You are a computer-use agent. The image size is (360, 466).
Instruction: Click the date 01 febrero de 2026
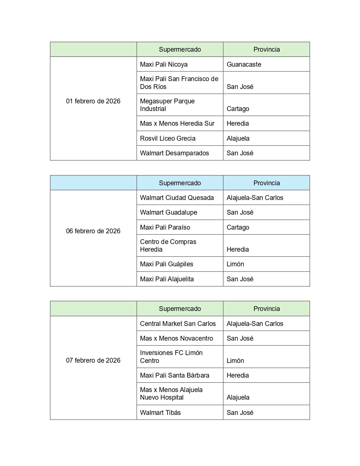93,101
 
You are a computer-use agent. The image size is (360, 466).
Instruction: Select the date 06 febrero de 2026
93,231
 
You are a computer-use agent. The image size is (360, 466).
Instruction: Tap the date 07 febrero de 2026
93,360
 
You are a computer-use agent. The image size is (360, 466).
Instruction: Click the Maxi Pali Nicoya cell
164,64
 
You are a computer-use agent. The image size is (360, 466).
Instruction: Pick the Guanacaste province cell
244,64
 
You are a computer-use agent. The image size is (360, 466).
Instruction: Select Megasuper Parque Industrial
167,105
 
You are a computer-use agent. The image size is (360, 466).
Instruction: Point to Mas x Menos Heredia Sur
177,123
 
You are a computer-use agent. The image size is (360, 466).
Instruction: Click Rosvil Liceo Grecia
168,138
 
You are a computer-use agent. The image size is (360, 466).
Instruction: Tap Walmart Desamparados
174,153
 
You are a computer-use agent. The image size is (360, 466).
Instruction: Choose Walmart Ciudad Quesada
177,198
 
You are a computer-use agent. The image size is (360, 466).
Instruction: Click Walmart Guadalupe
169,212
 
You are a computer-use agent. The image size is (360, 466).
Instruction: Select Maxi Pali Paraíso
165,227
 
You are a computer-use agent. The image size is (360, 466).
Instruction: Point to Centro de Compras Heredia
168,245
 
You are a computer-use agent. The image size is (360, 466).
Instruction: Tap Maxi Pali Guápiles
167,264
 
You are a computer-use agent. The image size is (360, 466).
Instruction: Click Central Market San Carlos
178,324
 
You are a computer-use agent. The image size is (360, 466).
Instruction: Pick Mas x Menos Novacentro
176,338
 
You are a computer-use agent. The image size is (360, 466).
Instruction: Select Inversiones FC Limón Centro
171,357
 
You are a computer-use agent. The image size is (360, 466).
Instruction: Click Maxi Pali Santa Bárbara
175,375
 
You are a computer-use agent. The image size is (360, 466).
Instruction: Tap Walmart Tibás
160,413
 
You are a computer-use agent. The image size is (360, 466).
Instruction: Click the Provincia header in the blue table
267,183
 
